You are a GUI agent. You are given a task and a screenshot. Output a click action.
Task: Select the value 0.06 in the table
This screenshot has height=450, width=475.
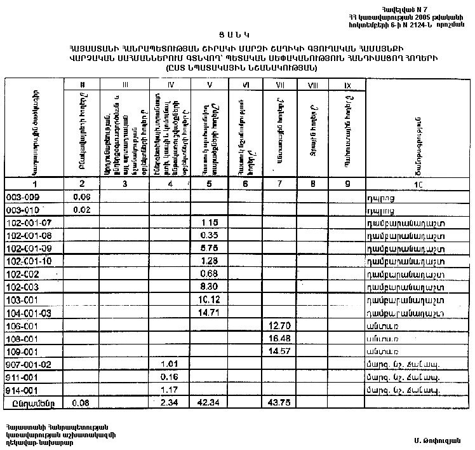[83, 197]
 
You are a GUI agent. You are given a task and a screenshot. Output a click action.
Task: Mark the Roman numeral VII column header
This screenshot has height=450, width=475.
[278, 85]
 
